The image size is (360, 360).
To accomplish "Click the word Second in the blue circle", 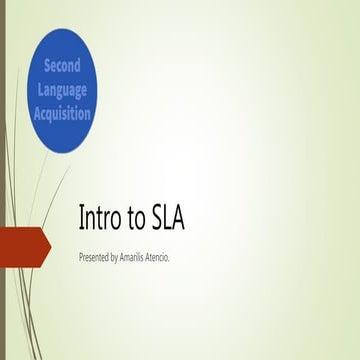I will pyautogui.click(x=68, y=67).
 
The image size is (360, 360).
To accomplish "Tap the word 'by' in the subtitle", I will pyautogui.click(x=126, y=258).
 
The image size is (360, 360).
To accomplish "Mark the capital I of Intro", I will pyautogui.click(x=81, y=219).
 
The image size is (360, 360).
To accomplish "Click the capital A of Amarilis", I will pyautogui.click(x=136, y=257).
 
